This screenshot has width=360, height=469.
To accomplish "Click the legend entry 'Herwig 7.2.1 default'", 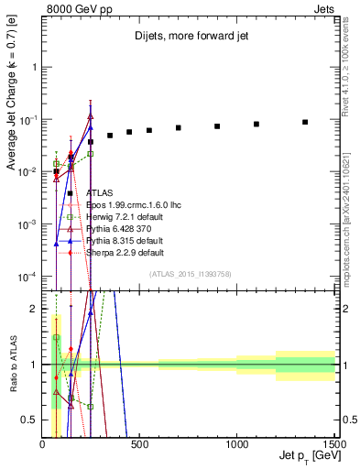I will (x=124, y=217).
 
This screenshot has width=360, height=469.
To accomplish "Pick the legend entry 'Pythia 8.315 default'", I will (x=124, y=241).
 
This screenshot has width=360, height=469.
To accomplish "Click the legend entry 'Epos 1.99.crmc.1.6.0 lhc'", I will (x=132, y=205).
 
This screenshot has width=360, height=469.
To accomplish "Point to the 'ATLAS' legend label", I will (x=101, y=193).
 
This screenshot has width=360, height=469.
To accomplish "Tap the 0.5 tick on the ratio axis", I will (x=33, y=420).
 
